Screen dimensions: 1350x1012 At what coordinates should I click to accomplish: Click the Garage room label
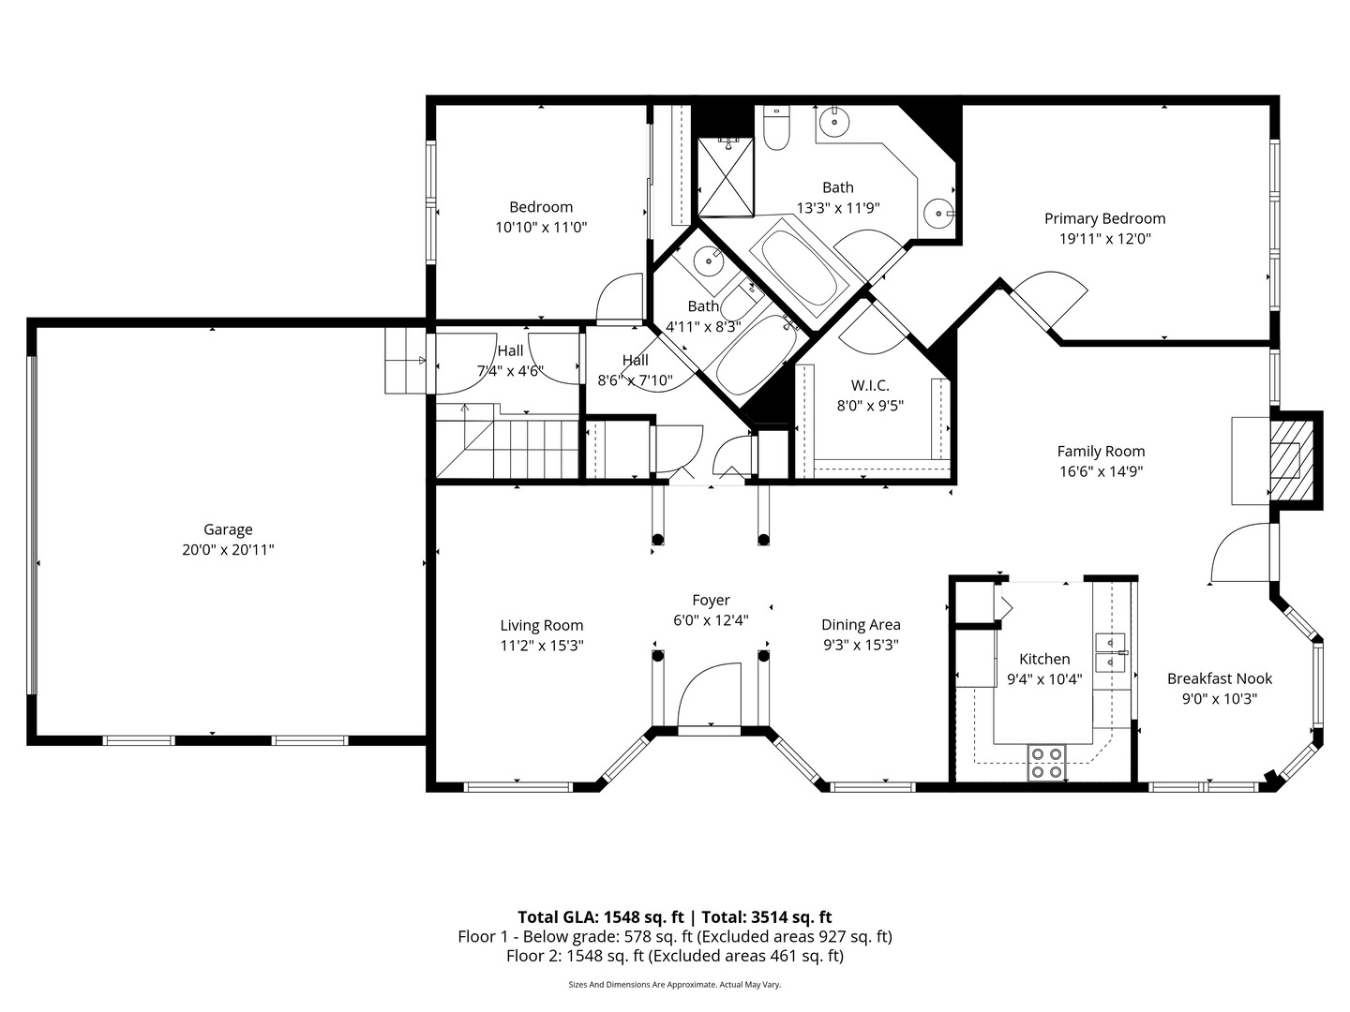pyautogui.click(x=228, y=529)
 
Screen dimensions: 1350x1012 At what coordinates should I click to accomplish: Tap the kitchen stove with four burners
pyautogui.click(x=1047, y=762)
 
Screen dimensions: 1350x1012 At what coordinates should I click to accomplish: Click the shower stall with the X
pyautogui.click(x=726, y=178)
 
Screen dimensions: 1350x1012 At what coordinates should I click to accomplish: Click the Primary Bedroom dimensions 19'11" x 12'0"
pyautogui.click(x=1104, y=238)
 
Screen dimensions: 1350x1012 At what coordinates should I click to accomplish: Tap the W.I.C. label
pyautogui.click(x=870, y=385)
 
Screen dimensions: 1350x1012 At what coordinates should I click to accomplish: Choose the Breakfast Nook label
pyautogui.click(x=1220, y=678)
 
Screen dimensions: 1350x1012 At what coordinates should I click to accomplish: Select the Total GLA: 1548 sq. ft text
pyautogui.click(x=600, y=916)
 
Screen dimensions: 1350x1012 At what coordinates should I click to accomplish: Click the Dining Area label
pyautogui.click(x=861, y=624)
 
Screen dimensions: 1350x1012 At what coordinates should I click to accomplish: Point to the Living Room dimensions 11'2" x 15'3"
pyautogui.click(x=541, y=646)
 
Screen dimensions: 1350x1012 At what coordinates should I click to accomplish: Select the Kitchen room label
pyautogui.click(x=1044, y=659)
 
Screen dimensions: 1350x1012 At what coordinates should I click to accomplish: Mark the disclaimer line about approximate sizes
pyautogui.click(x=674, y=984)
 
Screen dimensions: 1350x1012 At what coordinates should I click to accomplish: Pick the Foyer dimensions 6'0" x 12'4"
pyautogui.click(x=711, y=620)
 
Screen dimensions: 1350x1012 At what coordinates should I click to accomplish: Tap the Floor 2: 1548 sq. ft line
pyautogui.click(x=675, y=956)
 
